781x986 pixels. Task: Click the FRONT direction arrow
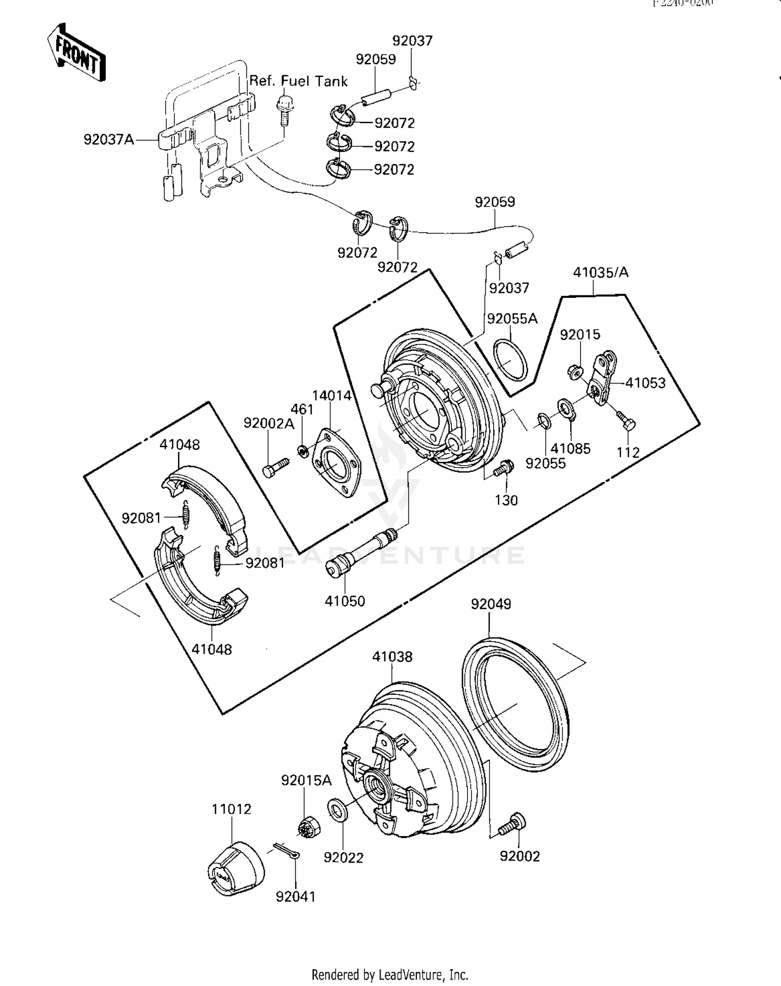coord(77,53)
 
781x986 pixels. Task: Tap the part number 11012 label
coord(231,809)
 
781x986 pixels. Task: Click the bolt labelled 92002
coord(513,825)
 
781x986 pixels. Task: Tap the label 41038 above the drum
coord(392,657)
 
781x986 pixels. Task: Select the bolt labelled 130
coord(503,467)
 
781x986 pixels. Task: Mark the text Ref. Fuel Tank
coord(298,81)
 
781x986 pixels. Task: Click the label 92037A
coord(109,140)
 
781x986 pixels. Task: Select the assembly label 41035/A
coord(600,272)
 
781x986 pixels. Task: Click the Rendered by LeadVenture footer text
coord(390,975)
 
